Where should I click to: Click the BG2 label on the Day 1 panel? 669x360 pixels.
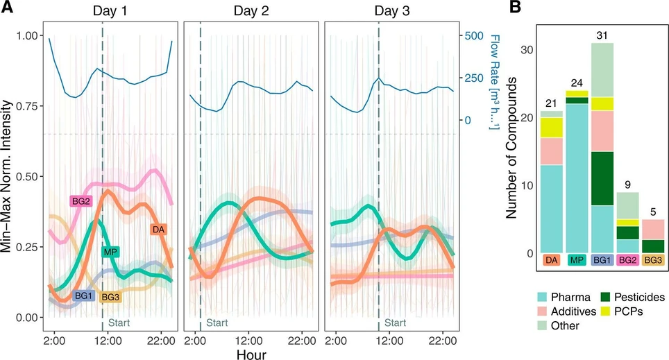click(x=81, y=201)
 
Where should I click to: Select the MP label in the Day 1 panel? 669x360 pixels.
click(x=110, y=252)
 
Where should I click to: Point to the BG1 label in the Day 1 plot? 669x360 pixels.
click(x=84, y=296)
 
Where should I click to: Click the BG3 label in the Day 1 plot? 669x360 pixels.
click(x=110, y=298)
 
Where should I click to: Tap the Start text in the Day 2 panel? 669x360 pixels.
click(x=217, y=323)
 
